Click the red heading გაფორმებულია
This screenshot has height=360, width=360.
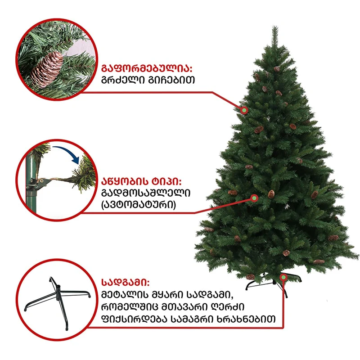pyautogui.click(x=147, y=68)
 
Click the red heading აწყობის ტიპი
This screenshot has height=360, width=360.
pyautogui.click(x=141, y=182)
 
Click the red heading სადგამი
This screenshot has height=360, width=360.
pyautogui.click(x=126, y=282)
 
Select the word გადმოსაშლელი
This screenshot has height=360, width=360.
pyautogui.click(x=146, y=193)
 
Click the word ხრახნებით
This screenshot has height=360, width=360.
pyautogui.click(x=246, y=319)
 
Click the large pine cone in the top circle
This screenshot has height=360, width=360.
pyautogui.click(x=47, y=69)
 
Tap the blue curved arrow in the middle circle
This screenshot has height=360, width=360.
pyautogui.click(x=67, y=154)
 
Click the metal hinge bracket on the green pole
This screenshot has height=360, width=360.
pyautogui.click(x=39, y=183)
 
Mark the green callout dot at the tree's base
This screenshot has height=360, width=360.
pyautogui.click(x=284, y=277)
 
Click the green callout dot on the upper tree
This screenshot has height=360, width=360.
pyautogui.click(x=244, y=110)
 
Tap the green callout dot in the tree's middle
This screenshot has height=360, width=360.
pyautogui.click(x=254, y=198)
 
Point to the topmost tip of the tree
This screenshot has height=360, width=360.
pyautogui.click(x=275, y=27)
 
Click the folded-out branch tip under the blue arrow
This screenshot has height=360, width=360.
pyautogui.click(x=85, y=175)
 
